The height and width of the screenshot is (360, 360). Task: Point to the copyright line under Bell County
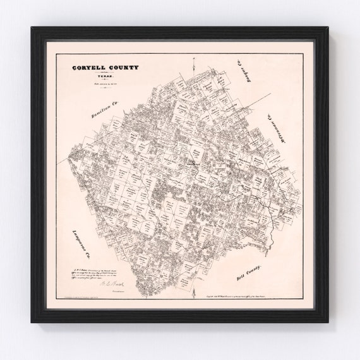tap(237, 287)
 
